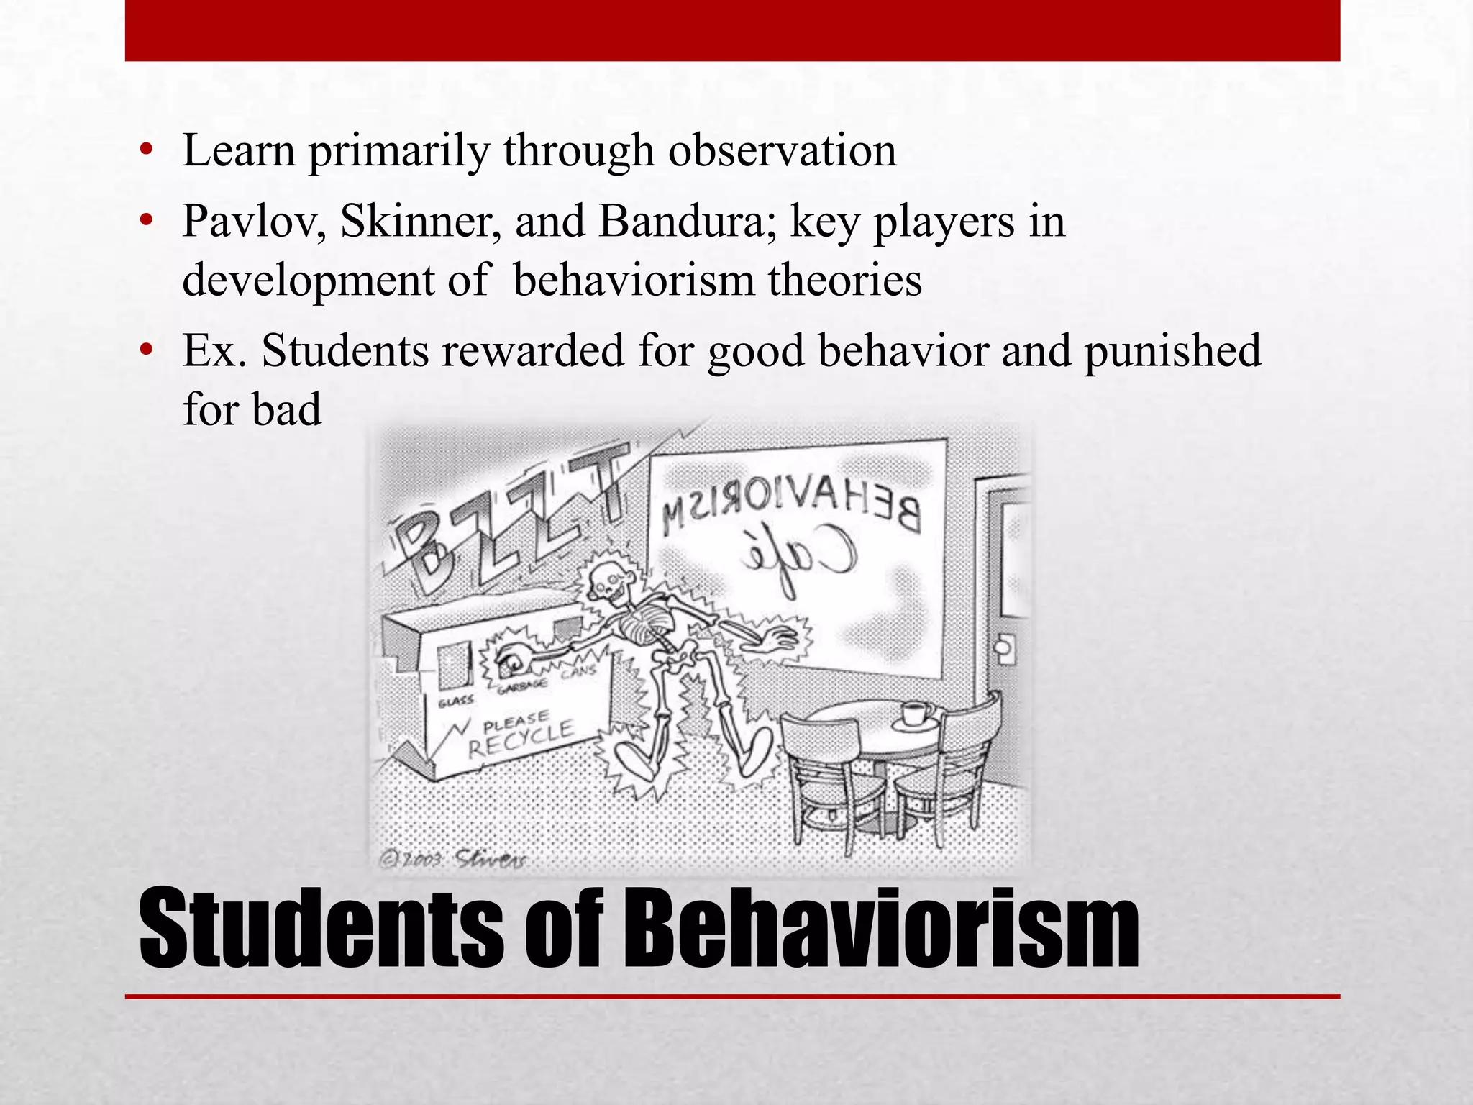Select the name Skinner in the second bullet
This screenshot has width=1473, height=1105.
[421, 222]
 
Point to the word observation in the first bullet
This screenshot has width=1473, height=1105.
[782, 151]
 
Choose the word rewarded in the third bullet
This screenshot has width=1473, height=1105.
[533, 351]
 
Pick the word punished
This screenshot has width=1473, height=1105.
[1172, 351]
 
